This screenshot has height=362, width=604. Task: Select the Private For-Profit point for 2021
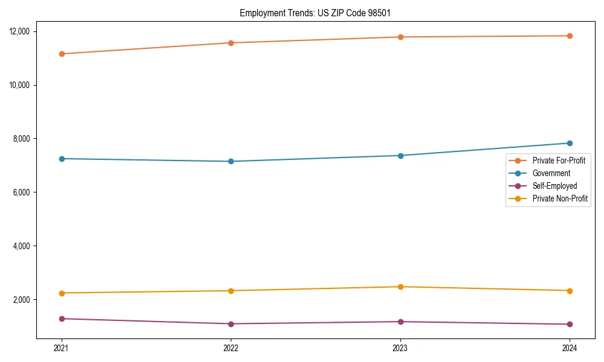tap(62, 54)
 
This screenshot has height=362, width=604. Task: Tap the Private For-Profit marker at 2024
tap(570, 36)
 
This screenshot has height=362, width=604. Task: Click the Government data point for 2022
tap(231, 161)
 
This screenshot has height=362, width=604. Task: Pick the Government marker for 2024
tap(570, 143)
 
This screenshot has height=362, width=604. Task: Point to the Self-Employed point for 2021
tap(62, 319)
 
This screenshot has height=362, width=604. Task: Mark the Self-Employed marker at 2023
tap(400, 322)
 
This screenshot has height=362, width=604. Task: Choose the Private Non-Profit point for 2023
tap(400, 287)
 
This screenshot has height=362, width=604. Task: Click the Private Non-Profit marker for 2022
tap(231, 291)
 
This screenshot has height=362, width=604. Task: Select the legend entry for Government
tap(551, 173)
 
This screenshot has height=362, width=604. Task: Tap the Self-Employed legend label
tap(554, 186)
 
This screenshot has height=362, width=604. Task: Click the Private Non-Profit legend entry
tap(560, 198)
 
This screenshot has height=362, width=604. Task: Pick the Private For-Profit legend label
tap(559, 160)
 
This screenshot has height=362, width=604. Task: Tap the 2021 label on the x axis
tap(62, 348)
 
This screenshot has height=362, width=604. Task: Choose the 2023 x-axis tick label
tap(400, 348)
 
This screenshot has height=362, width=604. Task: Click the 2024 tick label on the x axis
tap(570, 348)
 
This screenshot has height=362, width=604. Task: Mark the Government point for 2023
tap(400, 156)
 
